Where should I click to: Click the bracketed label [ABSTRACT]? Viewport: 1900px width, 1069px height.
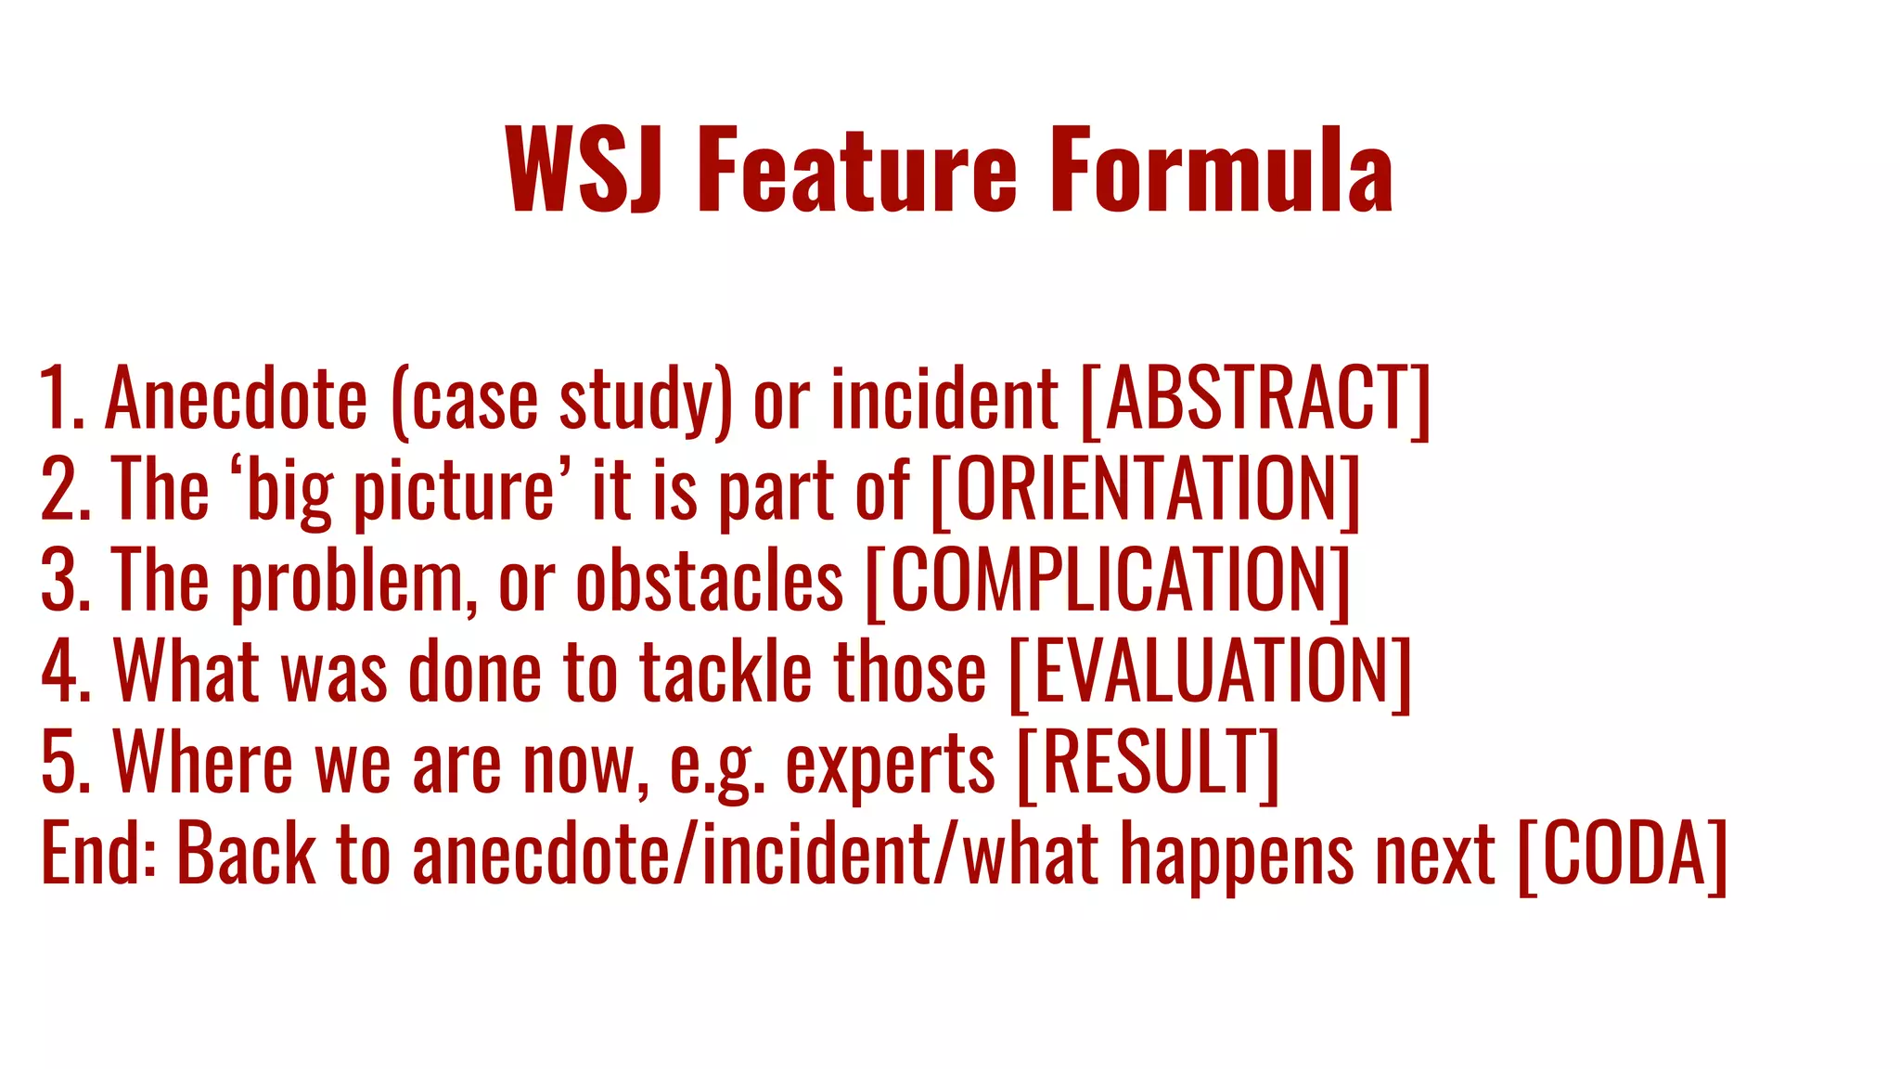[1256, 399]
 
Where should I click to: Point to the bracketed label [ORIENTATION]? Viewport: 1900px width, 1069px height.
[1145, 490]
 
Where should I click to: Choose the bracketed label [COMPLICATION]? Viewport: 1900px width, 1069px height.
[1108, 581]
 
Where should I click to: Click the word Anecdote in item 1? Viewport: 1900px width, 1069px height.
[236, 399]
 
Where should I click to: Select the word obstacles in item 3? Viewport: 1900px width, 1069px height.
[710, 581]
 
